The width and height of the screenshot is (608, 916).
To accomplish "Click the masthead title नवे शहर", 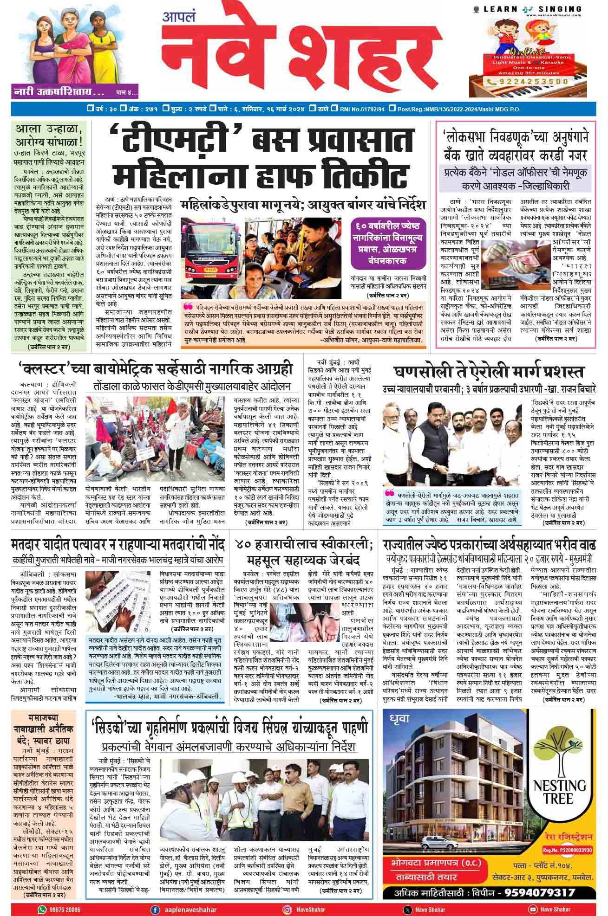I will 302,51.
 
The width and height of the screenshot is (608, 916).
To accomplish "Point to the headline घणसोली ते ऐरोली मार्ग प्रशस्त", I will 489,373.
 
